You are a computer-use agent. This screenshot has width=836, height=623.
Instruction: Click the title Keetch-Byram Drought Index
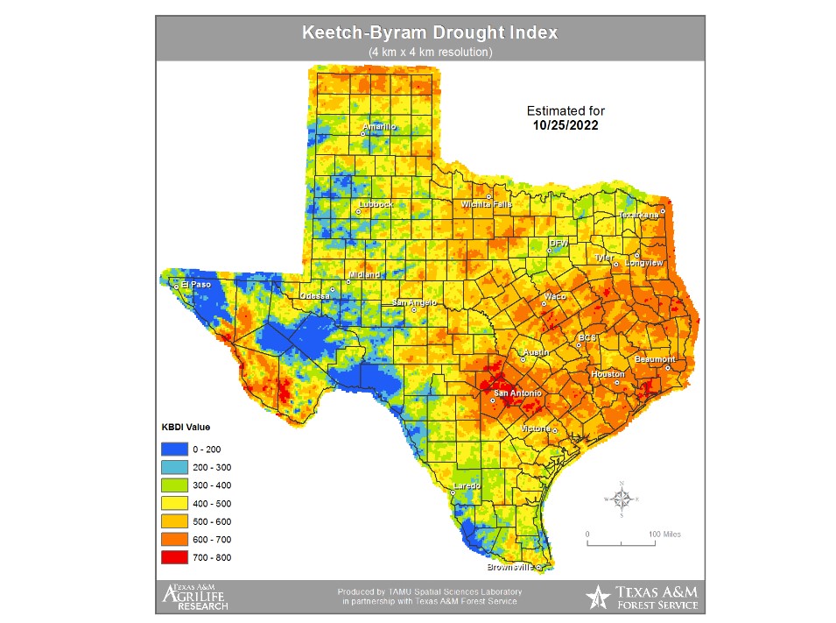click(429, 33)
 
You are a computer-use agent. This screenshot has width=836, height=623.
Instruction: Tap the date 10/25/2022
click(565, 125)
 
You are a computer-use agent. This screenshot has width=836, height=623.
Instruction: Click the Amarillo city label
click(379, 127)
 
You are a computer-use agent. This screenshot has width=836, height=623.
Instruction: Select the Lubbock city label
click(376, 205)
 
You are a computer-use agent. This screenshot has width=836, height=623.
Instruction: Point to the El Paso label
click(195, 284)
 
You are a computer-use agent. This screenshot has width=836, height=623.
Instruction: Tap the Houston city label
click(608, 374)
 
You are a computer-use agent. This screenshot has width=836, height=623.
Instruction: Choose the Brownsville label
click(511, 567)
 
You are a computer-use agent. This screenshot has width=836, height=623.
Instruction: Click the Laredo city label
click(467, 485)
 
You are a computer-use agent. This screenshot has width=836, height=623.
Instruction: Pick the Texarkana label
click(638, 215)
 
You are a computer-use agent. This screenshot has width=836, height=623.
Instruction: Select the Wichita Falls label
click(487, 204)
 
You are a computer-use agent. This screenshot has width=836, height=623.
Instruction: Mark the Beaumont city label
click(655, 359)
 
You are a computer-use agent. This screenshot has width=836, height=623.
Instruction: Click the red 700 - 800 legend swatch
click(173, 557)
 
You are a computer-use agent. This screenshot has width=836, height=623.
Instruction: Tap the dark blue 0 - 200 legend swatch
click(173, 449)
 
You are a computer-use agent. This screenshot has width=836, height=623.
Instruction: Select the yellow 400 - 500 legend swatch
click(173, 503)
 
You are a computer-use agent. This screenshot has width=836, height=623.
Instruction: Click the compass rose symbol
click(622, 499)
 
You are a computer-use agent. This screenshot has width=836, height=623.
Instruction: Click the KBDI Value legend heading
click(186, 427)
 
